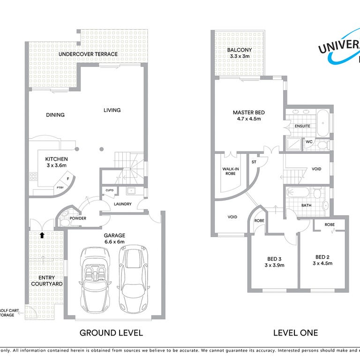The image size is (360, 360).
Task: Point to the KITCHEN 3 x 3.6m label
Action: [56, 162]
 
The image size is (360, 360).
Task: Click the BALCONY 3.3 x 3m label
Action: [240, 53]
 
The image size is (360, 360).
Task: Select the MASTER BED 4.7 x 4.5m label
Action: [249, 115]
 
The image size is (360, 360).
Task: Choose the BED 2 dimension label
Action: [323, 260]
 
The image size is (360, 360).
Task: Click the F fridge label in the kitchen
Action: [68, 179]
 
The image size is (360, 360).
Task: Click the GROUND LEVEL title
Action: [111, 333]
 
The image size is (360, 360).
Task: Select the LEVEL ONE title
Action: [295, 333]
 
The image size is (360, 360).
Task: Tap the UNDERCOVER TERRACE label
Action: [88, 54]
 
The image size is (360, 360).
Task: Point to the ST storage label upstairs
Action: [255, 162]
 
